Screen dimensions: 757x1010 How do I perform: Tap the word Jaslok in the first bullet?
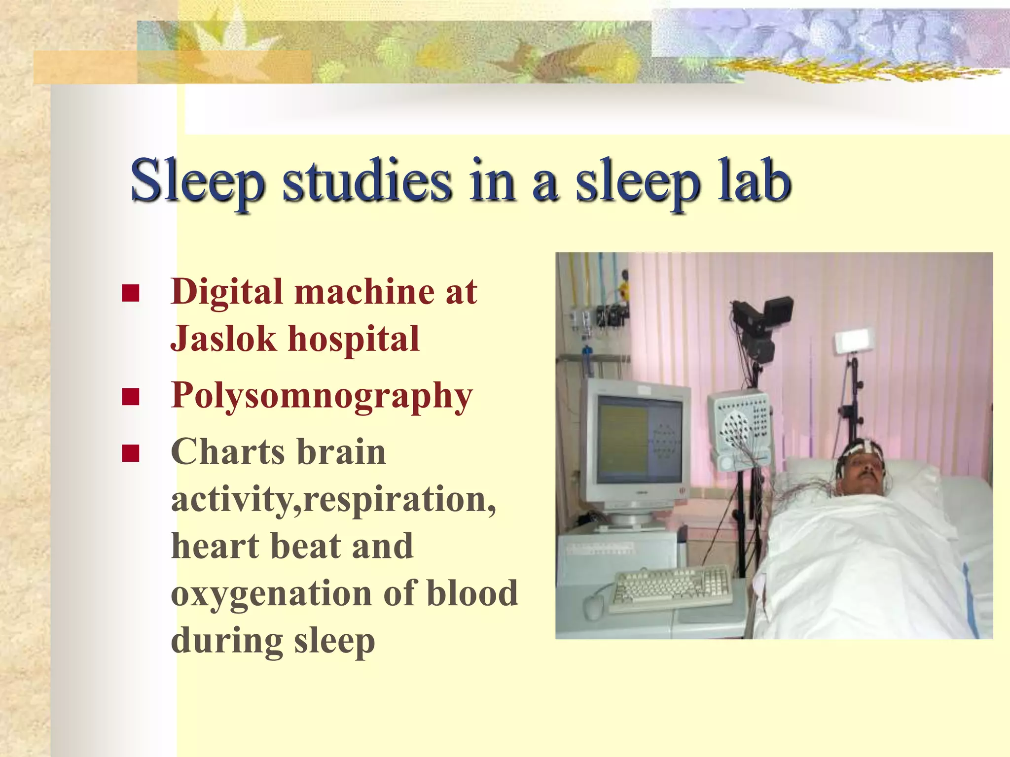click(x=223, y=340)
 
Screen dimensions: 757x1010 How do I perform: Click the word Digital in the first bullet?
click(x=226, y=292)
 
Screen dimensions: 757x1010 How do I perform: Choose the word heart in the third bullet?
click(x=215, y=547)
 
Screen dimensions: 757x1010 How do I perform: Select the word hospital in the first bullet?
click(x=354, y=340)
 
